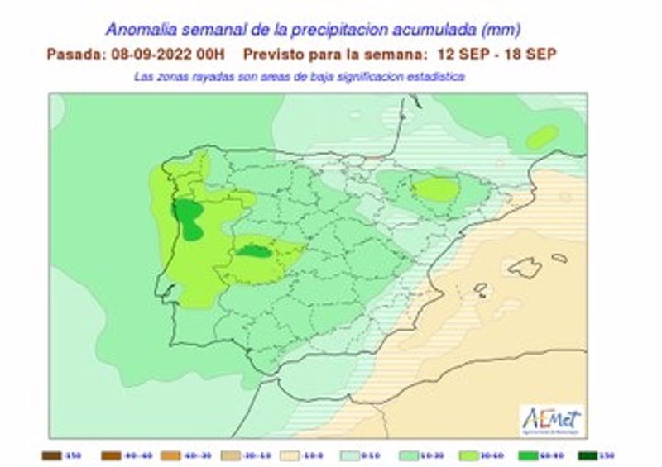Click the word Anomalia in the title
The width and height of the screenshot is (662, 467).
141,30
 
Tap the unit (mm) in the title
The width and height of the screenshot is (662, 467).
501,30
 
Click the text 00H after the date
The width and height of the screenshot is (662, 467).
212,54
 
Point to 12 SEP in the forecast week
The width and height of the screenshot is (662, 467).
459,54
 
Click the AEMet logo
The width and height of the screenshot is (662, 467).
553,419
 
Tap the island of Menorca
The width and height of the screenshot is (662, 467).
560,258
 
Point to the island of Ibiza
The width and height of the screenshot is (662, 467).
480,288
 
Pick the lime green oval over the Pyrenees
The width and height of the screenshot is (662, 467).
435,189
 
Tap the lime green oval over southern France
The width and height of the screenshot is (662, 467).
541,137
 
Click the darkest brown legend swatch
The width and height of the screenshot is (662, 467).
50,454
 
